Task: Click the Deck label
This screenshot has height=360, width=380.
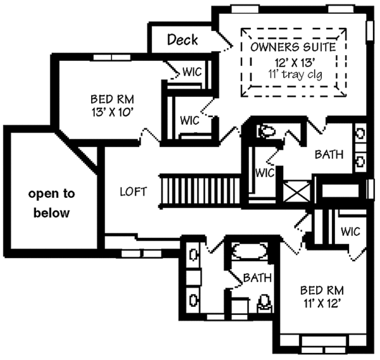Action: click(182, 40)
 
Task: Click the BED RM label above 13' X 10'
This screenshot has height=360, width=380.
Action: click(113, 100)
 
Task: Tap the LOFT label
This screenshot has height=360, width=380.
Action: click(134, 191)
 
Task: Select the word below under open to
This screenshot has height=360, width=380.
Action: click(52, 213)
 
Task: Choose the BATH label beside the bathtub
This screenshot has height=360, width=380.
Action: click(257, 278)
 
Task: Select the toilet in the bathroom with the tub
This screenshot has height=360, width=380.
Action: click(263, 304)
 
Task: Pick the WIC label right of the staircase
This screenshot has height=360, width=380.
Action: click(265, 172)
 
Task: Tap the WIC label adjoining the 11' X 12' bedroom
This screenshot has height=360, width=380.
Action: click(350, 231)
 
